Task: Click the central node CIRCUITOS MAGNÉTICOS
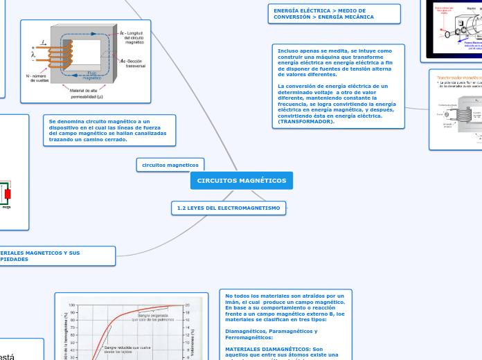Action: [241, 181]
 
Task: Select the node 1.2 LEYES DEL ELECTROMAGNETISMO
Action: [229, 208]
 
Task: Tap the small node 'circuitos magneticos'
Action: [170, 165]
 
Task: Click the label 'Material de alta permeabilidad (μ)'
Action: [87, 93]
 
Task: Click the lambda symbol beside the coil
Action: [33, 54]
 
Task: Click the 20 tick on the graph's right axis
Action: [186, 305]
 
